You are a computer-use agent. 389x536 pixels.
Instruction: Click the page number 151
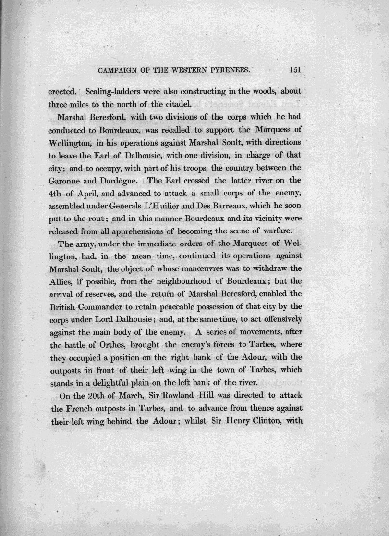[295, 70]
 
